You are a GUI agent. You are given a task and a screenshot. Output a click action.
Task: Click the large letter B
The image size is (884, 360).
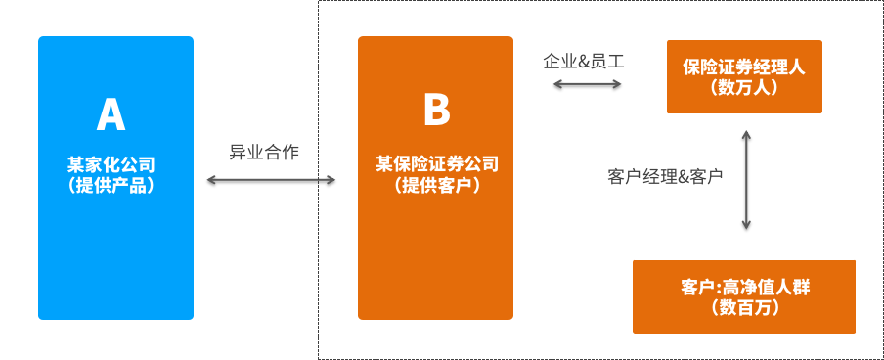435,110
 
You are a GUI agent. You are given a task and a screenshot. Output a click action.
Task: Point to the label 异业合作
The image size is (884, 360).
264,152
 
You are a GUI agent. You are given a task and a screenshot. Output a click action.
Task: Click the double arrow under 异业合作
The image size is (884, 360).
271,180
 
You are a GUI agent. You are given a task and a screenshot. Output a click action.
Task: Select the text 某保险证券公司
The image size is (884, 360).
436,164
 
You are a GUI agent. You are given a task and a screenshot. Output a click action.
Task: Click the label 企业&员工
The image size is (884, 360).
584,61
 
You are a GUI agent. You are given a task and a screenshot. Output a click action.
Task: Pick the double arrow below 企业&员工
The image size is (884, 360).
588,84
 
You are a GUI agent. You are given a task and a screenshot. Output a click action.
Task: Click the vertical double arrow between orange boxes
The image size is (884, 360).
746,179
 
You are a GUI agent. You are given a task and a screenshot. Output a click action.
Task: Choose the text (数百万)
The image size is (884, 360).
745,308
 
